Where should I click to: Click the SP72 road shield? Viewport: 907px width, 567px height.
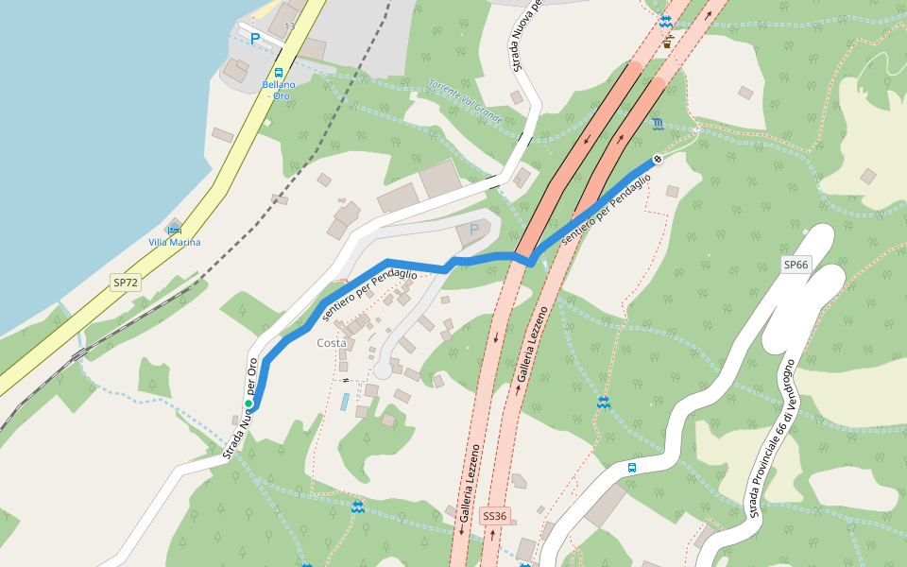click(x=126, y=283)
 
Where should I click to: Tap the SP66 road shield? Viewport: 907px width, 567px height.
click(x=796, y=265)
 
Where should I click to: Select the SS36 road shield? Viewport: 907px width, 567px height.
click(x=495, y=516)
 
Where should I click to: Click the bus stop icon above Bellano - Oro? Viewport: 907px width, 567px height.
click(x=279, y=72)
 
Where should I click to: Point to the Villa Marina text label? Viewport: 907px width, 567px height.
click(x=175, y=243)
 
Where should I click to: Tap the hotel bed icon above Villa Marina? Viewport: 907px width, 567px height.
click(x=174, y=230)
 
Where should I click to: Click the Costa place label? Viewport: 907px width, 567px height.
click(x=332, y=343)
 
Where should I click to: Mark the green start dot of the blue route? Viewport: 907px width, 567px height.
click(x=248, y=404)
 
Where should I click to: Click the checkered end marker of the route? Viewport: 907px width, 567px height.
click(x=658, y=159)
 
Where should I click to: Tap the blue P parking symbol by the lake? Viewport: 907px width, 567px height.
click(x=254, y=39)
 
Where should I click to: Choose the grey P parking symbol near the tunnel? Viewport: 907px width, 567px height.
click(x=474, y=229)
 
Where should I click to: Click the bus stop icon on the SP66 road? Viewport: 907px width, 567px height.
click(x=632, y=467)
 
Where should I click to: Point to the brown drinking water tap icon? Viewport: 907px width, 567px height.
click(x=668, y=41)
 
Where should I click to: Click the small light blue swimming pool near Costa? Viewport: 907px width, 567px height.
click(x=346, y=402)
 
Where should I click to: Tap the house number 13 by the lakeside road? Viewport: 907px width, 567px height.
click(x=289, y=26)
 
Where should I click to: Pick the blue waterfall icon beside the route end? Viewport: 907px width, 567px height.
click(x=657, y=124)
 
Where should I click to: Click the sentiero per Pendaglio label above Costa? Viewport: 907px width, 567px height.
click(x=369, y=293)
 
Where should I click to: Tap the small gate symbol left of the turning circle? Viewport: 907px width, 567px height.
click(x=347, y=380)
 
